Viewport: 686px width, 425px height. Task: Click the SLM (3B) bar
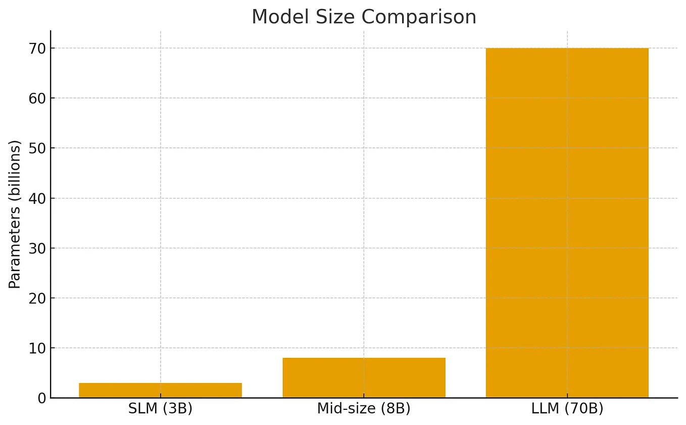[x=160, y=390]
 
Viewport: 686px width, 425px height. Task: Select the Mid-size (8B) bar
[x=364, y=378]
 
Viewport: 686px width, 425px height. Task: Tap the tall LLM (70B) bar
[x=567, y=222]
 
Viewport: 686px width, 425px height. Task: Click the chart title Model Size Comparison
[x=364, y=17]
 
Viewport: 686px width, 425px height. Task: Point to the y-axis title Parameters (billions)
[x=15, y=215]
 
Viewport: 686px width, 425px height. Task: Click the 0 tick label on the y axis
[x=41, y=398]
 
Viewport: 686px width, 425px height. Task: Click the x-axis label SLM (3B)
[x=160, y=409]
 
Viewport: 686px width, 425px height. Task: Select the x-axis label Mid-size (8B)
[x=364, y=409]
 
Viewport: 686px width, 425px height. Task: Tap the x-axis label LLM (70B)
[x=567, y=409]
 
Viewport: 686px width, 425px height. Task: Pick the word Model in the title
[x=276, y=17]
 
